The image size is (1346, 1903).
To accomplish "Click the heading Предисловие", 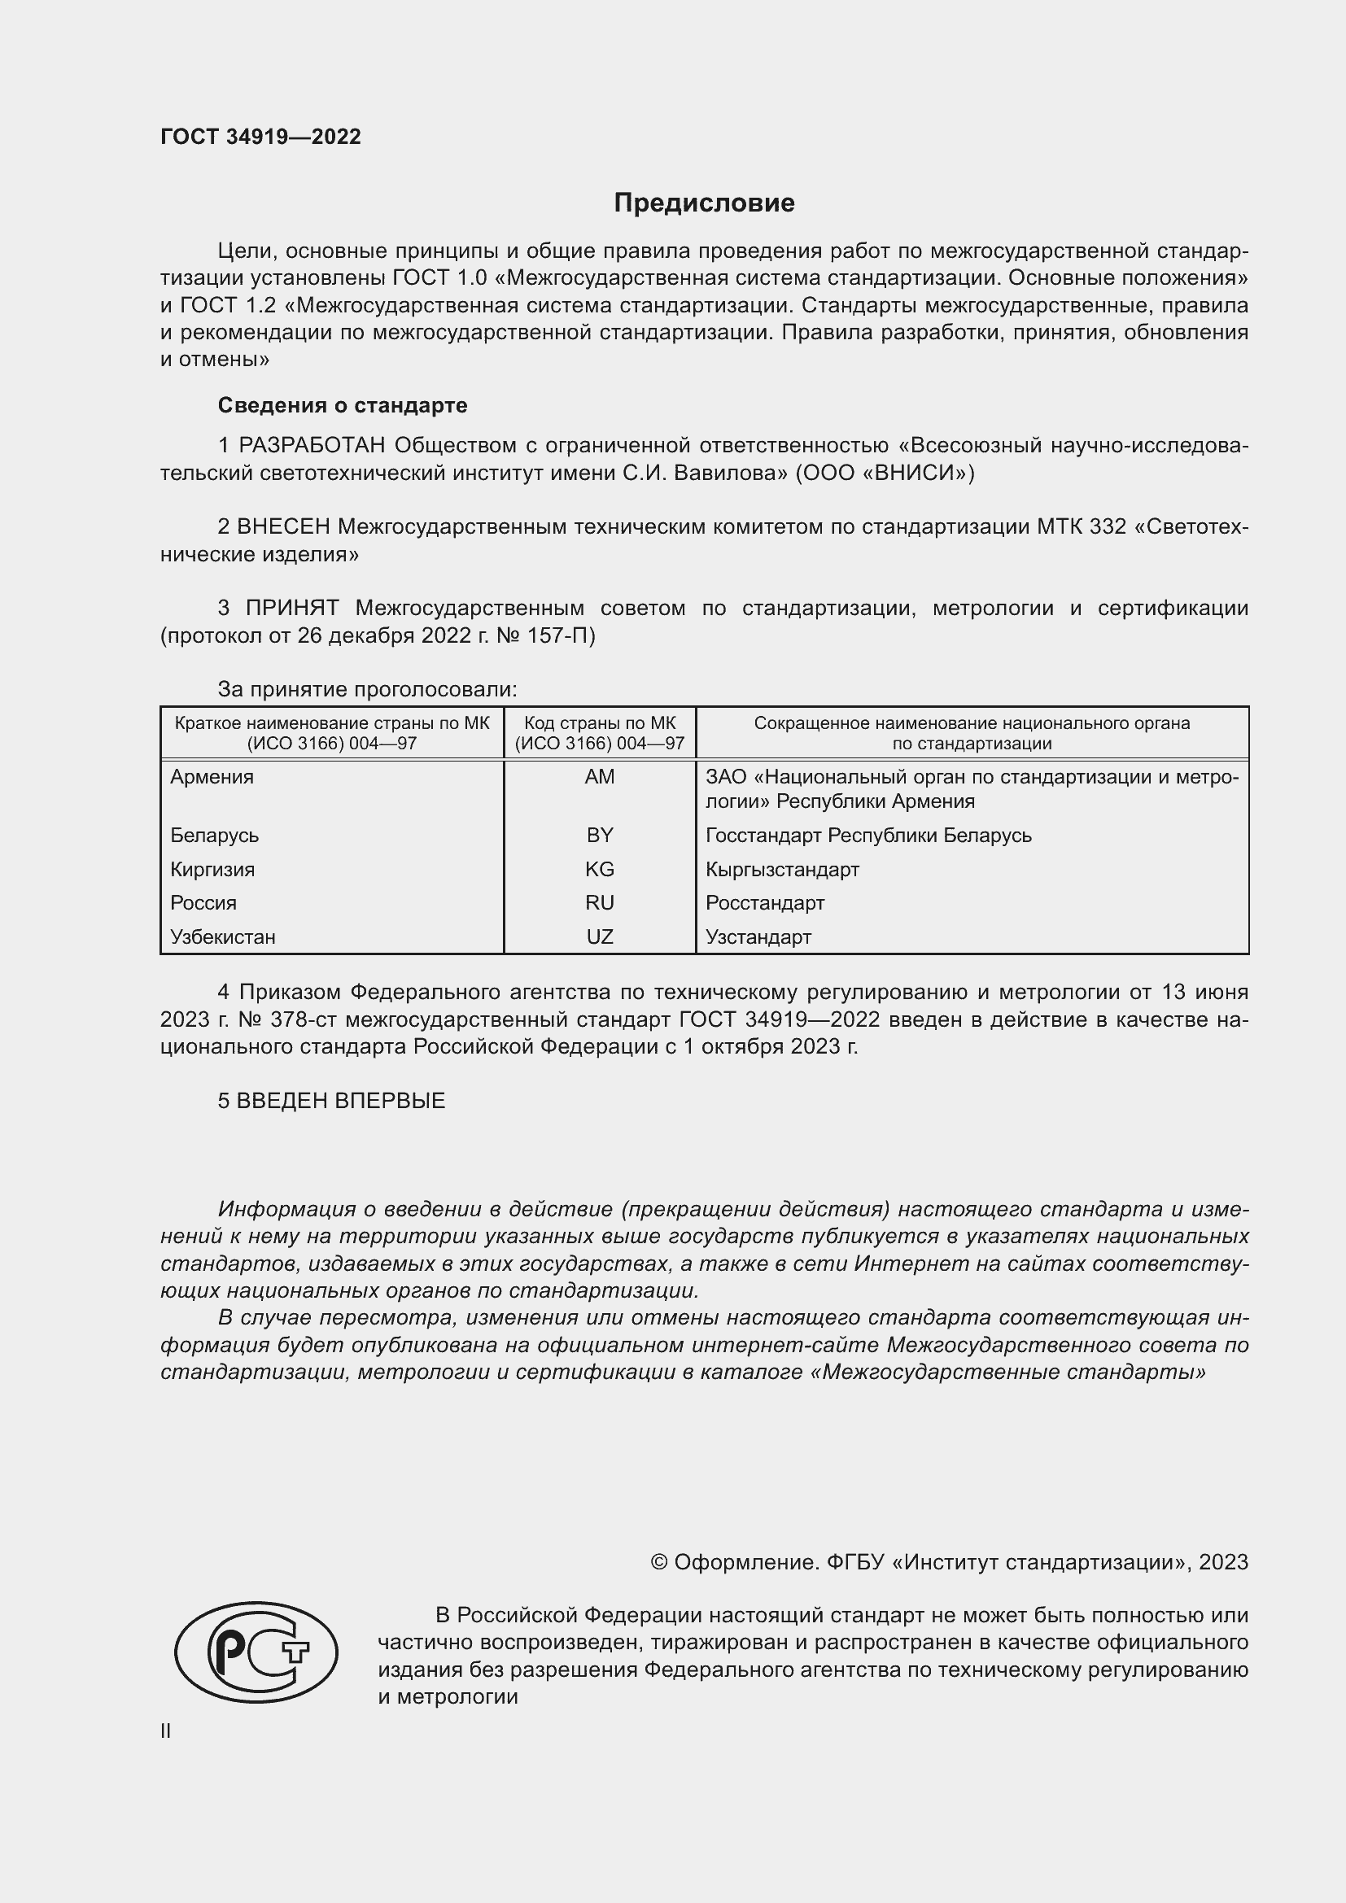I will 704,203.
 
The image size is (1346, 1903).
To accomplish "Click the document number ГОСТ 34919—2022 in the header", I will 260,137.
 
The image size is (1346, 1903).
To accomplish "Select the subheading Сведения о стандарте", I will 343,405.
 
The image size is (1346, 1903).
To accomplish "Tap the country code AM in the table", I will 599,777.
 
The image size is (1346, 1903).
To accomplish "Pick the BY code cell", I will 599,835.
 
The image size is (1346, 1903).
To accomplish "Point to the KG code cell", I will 599,870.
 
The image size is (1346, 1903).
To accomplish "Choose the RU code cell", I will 599,902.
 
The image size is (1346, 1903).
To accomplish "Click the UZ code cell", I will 599,936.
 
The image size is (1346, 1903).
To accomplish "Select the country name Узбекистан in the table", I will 223,936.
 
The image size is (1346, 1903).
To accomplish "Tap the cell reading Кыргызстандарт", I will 782,870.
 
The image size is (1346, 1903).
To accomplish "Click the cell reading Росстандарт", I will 765,902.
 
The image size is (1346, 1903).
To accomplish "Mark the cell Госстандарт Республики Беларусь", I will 868,835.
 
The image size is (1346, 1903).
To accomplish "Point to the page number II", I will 166,1731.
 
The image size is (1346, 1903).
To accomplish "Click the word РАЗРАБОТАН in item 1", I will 312,446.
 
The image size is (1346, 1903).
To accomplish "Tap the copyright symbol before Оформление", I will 659,1562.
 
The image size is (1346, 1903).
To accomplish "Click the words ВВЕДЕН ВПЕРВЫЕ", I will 341,1101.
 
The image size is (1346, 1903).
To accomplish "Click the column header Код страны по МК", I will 599,722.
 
